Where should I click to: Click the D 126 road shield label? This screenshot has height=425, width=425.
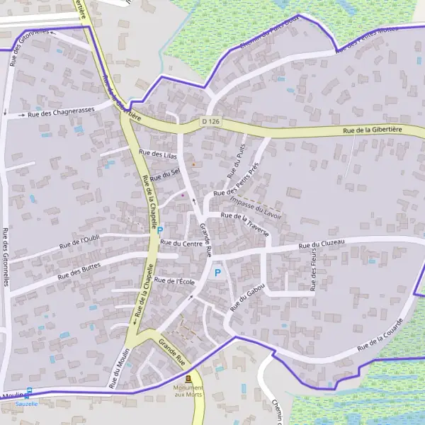[x=210, y=121]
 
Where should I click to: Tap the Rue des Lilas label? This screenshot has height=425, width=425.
[x=157, y=153]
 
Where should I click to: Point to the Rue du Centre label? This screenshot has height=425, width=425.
[x=181, y=244]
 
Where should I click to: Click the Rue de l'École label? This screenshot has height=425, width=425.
[x=174, y=281]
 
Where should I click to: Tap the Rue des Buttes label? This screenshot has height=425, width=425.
[x=80, y=270]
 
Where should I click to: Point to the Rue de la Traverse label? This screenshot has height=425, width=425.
[x=245, y=223]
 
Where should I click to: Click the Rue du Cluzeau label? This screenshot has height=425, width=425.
[x=322, y=245]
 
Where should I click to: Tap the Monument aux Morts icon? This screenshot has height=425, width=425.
[x=188, y=379]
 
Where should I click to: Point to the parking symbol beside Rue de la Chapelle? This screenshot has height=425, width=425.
[x=160, y=229]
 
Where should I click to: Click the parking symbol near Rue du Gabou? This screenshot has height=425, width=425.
[x=217, y=272]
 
